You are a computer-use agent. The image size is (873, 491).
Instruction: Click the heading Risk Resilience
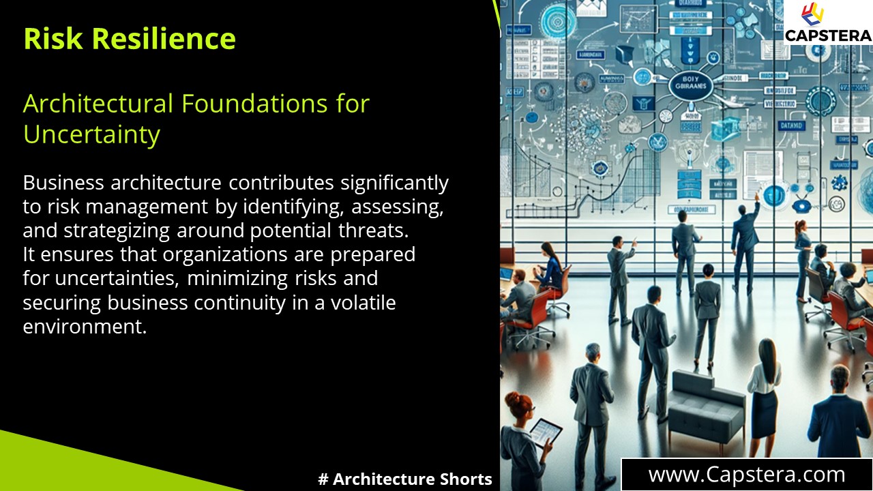click(x=130, y=39)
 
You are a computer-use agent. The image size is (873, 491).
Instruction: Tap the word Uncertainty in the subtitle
click(x=91, y=134)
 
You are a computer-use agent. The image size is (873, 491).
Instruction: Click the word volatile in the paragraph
click(x=361, y=302)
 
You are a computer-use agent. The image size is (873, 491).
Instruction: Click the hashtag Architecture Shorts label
click(x=405, y=479)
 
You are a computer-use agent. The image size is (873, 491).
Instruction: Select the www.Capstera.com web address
click(x=747, y=475)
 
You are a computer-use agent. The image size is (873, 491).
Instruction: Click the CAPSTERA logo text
click(x=827, y=35)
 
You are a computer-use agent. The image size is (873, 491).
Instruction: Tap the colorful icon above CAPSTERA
click(x=812, y=14)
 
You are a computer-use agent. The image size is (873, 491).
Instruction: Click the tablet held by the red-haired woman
click(x=546, y=431)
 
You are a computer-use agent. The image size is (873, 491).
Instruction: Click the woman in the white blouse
click(x=763, y=396)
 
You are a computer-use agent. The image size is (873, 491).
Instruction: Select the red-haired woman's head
click(x=521, y=403)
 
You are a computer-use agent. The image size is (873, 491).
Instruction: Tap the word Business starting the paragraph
click(x=63, y=183)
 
